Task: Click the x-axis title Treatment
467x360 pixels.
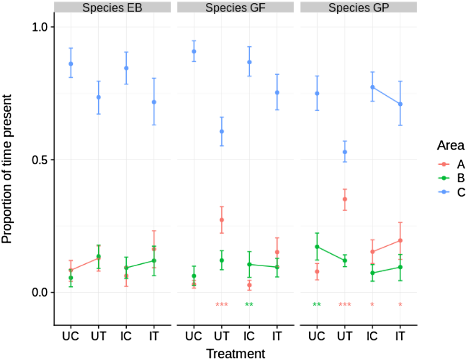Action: [235, 353]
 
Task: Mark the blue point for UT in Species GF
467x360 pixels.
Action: [222, 131]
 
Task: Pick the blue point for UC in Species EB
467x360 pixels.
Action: [71, 64]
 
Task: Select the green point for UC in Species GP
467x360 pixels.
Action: [317, 247]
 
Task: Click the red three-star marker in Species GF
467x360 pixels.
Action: [222, 305]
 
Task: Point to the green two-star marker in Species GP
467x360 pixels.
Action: [317, 305]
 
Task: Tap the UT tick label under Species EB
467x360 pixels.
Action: [99, 336]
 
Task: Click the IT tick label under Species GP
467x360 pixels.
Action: [400, 336]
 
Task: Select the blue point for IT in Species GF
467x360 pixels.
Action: [277, 92]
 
